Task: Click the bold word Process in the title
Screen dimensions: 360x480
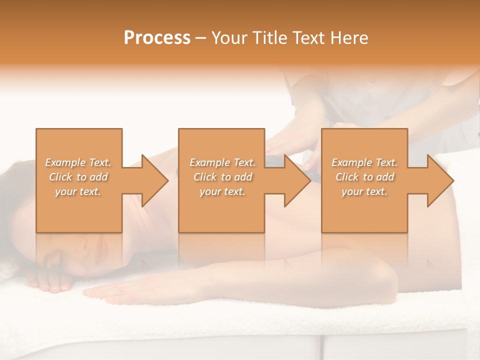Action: [x=157, y=38]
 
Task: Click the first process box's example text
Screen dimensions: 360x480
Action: [x=78, y=177]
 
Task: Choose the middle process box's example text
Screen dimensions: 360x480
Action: [x=222, y=177]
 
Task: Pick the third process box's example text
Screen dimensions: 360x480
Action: [x=364, y=177]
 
